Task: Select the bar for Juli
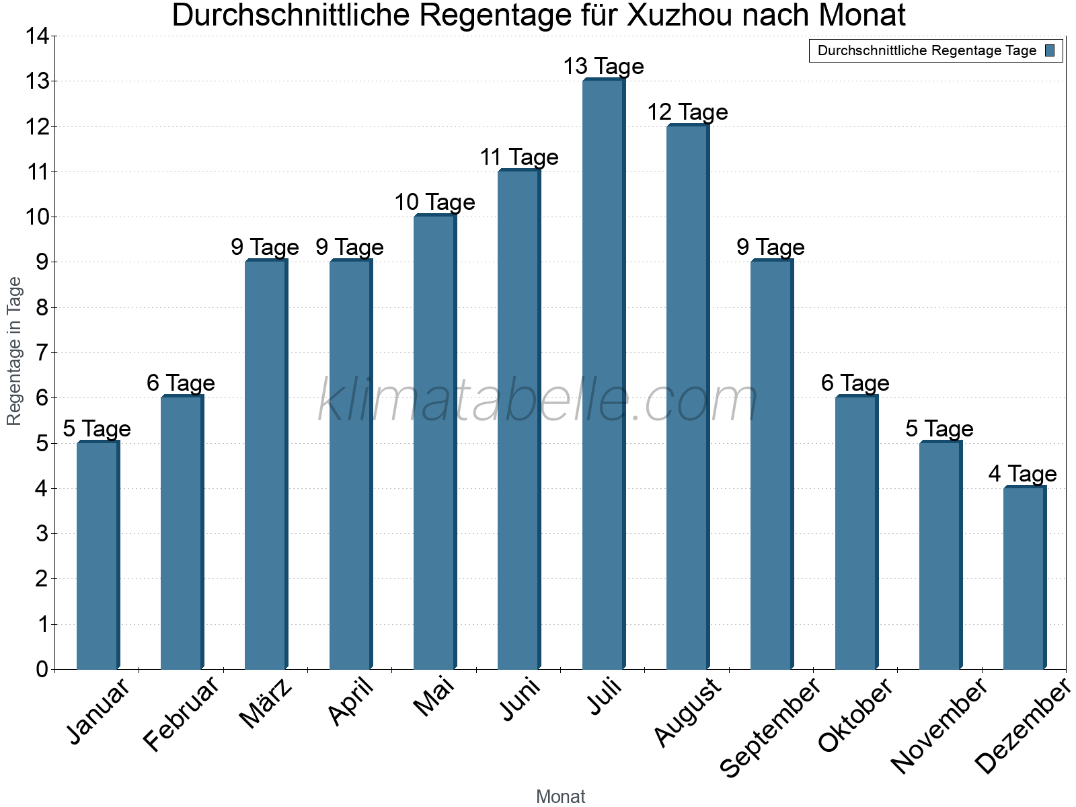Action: pyautogui.click(x=603, y=374)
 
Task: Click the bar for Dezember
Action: pyautogui.click(x=1024, y=578)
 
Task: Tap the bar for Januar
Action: pyautogui.click(x=98, y=555)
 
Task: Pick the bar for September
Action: pyautogui.click(x=771, y=465)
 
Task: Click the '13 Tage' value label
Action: pyautogui.click(x=603, y=67)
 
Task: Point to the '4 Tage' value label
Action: pyautogui.click(x=1022, y=474)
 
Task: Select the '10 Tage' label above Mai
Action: pyautogui.click(x=434, y=202)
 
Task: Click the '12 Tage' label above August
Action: pyautogui.click(x=687, y=112)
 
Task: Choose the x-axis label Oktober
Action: pyautogui.click(x=855, y=715)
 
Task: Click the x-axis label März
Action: pyautogui.click(x=266, y=703)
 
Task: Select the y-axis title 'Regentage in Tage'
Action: pyautogui.click(x=14, y=351)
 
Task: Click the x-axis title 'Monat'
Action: pyautogui.click(x=560, y=797)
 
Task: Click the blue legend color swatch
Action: pyautogui.click(x=1050, y=50)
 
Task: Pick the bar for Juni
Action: pyautogui.click(x=518, y=420)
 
